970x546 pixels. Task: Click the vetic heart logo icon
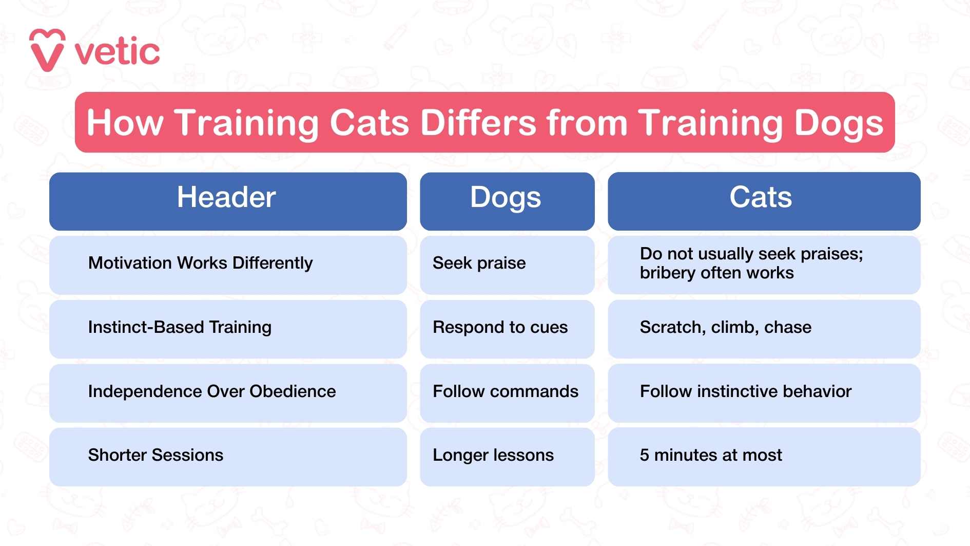point(47,50)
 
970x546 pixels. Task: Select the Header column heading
point(226,197)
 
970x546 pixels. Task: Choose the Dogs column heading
point(506,197)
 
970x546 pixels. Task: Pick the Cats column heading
point(761,197)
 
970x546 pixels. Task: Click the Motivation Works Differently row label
point(200,263)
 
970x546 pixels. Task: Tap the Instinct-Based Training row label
point(180,327)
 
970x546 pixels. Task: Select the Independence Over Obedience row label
point(211,391)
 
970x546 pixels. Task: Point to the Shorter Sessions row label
point(156,455)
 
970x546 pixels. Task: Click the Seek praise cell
point(479,263)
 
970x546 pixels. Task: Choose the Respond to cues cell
point(500,327)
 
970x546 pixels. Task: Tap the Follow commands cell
point(505,391)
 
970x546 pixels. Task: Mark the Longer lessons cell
point(493,455)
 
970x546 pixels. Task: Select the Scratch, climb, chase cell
point(725,327)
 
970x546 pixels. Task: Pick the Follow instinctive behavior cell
point(745,391)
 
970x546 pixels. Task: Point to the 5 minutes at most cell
point(710,455)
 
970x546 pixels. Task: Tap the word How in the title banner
point(125,123)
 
